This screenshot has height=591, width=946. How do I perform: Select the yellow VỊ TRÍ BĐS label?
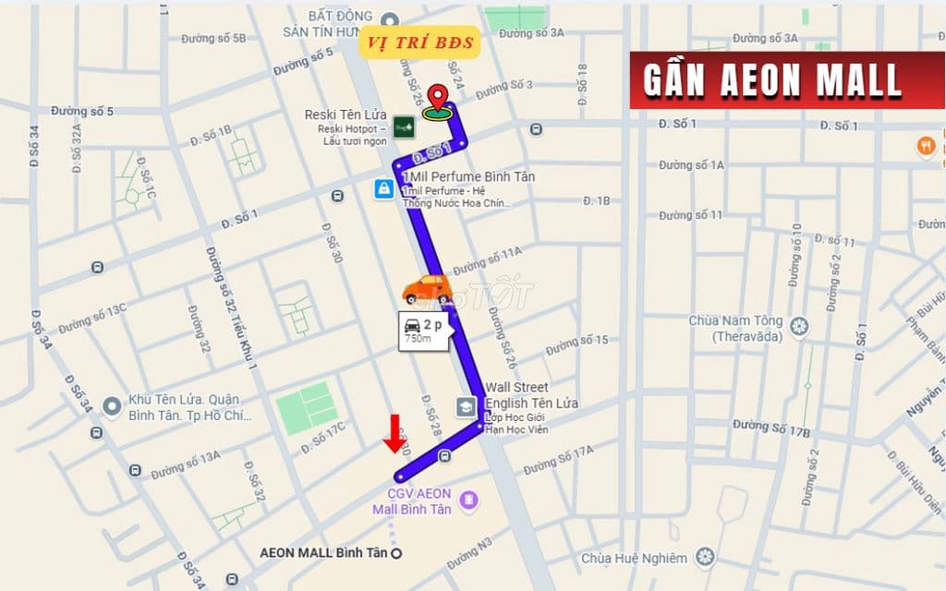click(419, 42)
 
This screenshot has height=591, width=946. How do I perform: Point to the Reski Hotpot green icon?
click(403, 127)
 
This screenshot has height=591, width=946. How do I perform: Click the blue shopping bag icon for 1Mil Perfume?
click(383, 189)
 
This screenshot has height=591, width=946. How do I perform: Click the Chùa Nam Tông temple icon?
click(799, 326)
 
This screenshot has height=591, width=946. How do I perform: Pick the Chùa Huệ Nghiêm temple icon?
click(706, 557)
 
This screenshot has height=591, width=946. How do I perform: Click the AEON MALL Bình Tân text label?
click(323, 553)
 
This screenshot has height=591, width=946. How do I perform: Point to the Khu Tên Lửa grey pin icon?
click(112, 405)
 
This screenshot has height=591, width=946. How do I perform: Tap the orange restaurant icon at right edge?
click(925, 145)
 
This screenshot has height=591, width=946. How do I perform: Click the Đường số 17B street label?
click(770, 428)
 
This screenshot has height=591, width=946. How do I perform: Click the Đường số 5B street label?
click(213, 39)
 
